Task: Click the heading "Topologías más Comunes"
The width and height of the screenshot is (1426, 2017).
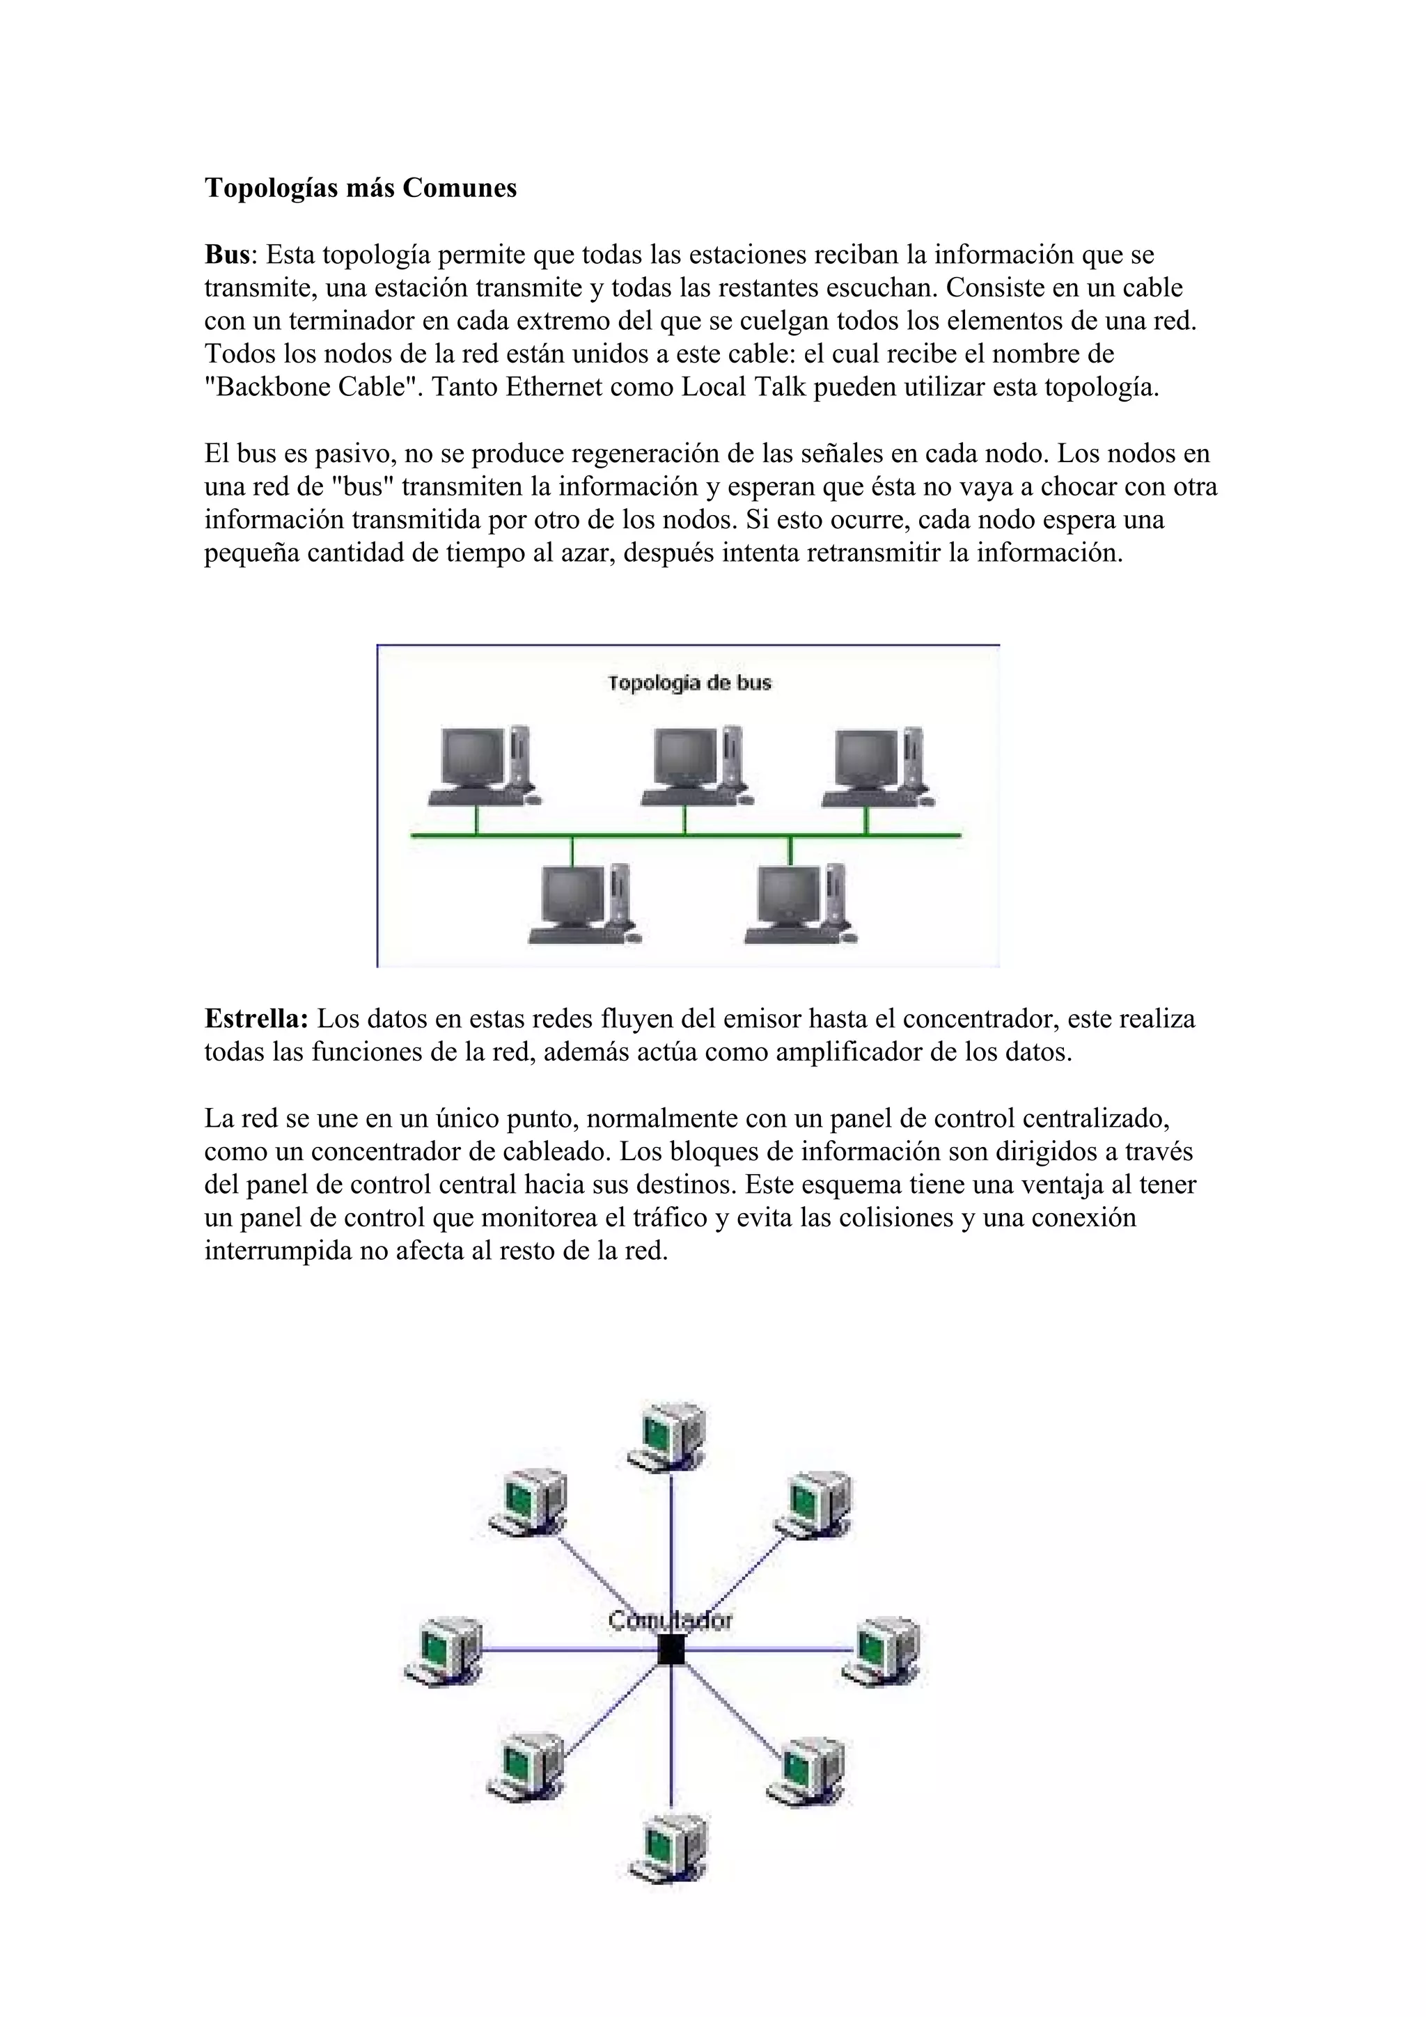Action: pyautogui.click(x=360, y=188)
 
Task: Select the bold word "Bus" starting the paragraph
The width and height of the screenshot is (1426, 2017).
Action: pyautogui.click(x=228, y=255)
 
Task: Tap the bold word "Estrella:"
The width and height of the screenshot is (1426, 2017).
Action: pyautogui.click(x=256, y=1019)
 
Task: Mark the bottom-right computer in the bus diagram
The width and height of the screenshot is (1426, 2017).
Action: pyautogui.click(x=799, y=904)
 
